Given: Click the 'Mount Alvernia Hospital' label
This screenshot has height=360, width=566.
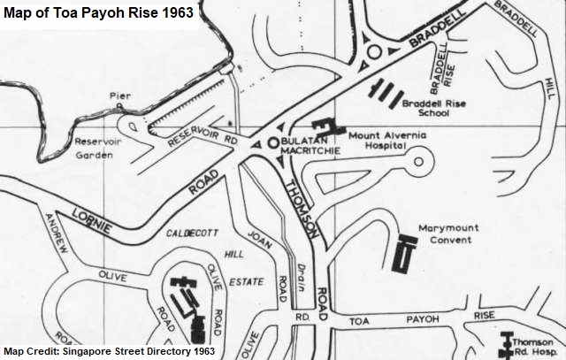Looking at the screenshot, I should click(x=387, y=141).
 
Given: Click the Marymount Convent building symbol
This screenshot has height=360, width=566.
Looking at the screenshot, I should click(x=405, y=253).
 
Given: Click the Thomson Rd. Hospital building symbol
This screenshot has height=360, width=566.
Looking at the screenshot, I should click(x=507, y=343).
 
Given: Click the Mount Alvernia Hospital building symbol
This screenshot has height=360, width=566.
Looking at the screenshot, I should click(x=325, y=128).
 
